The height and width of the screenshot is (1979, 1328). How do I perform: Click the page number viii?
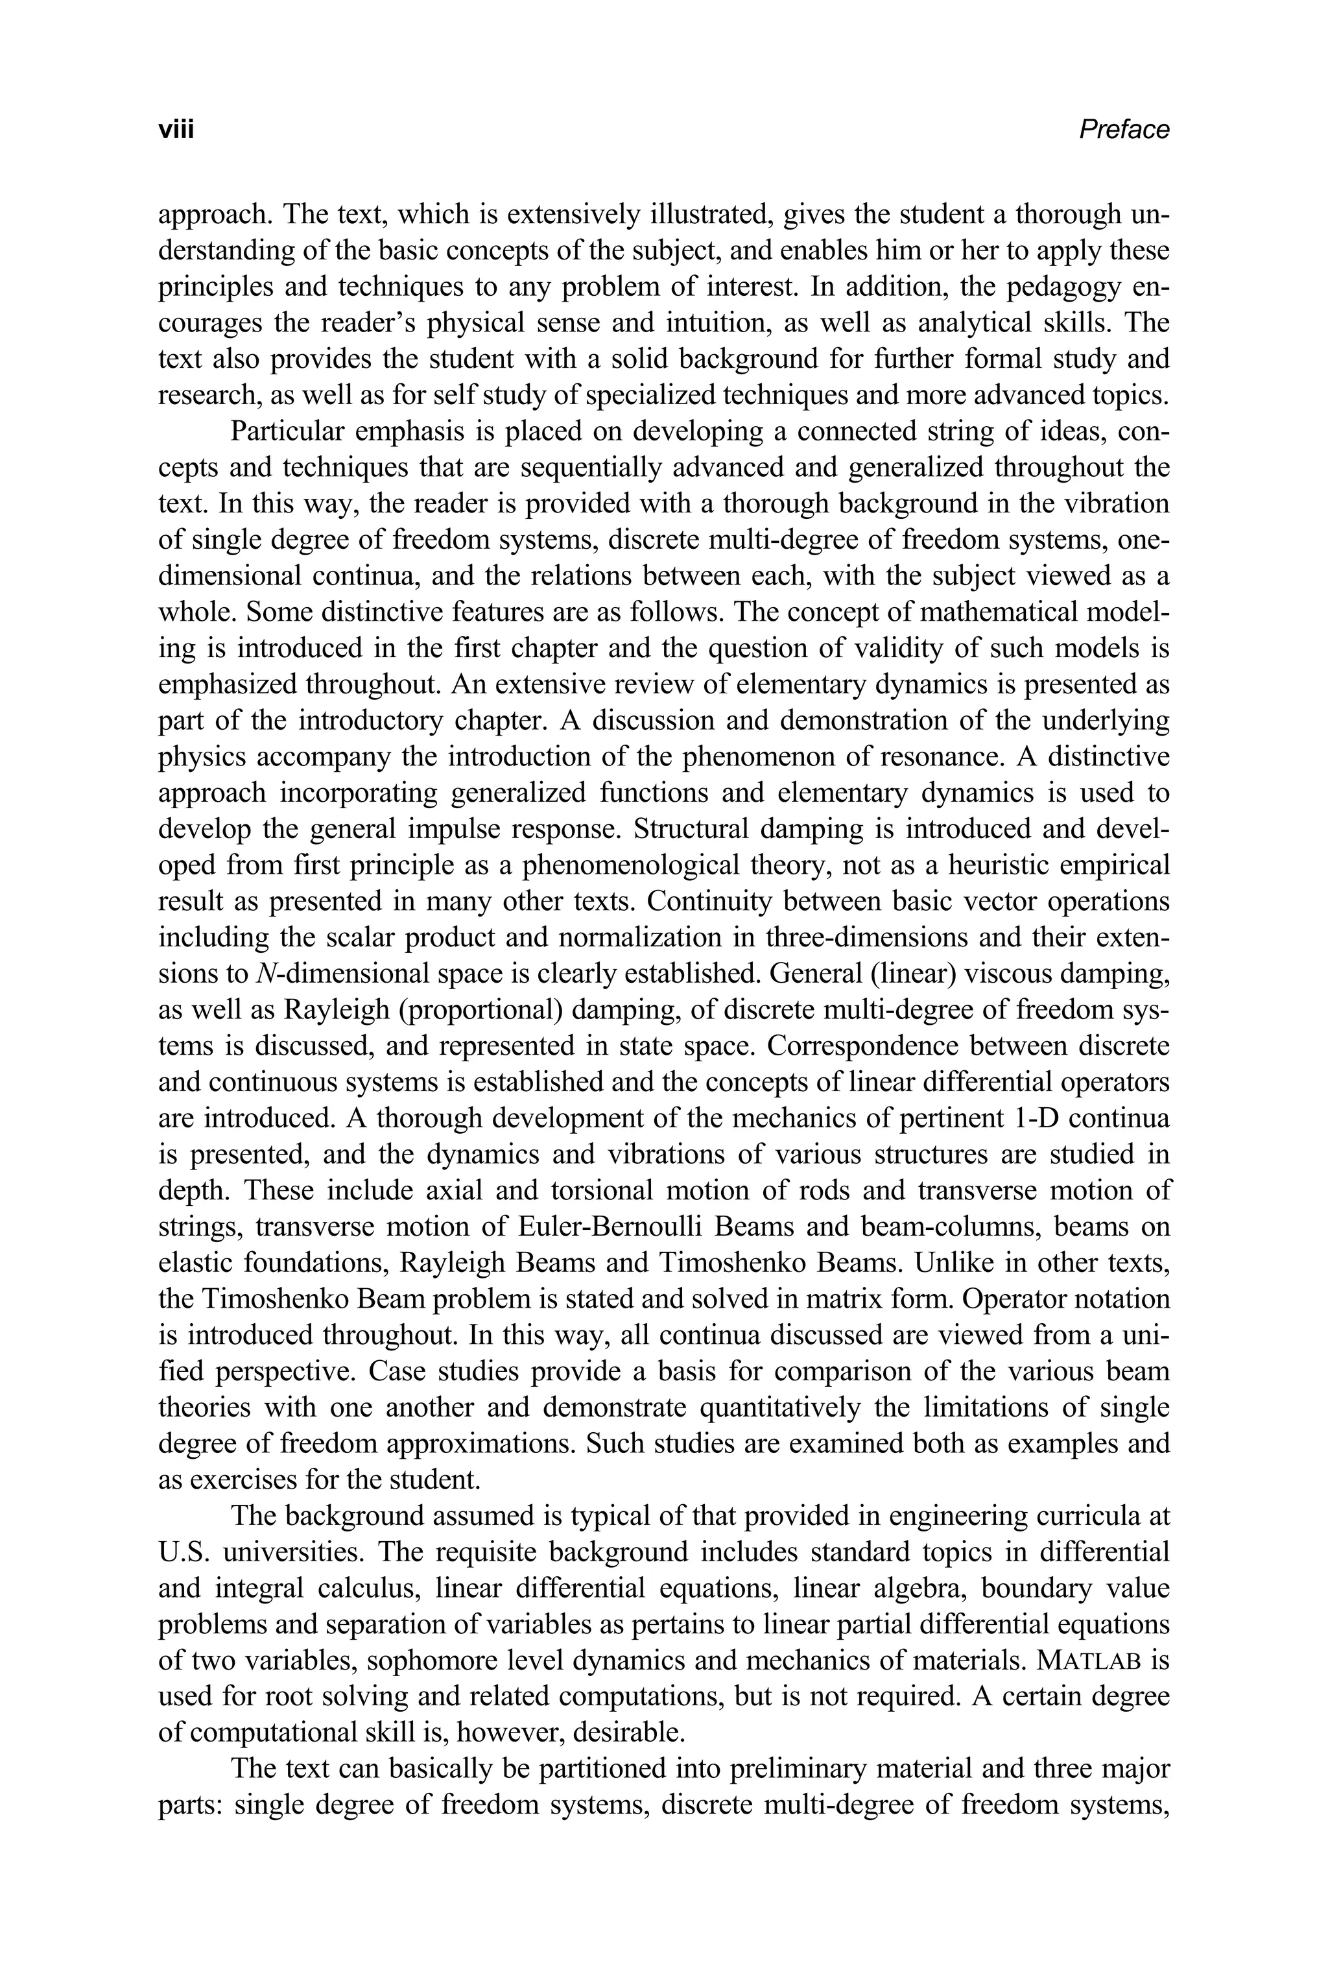point(176,130)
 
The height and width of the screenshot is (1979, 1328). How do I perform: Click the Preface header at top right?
point(1124,130)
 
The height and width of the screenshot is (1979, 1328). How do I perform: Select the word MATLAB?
point(1090,1661)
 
